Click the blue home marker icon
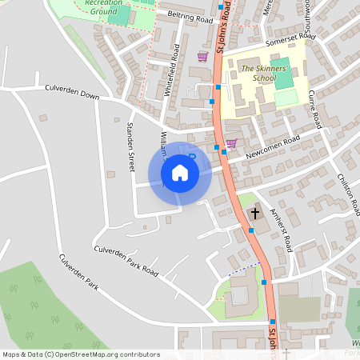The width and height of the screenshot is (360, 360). (180, 172)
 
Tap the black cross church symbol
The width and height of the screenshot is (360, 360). (255, 214)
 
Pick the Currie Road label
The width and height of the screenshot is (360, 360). (316, 109)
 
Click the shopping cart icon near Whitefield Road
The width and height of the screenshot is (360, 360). (202, 57)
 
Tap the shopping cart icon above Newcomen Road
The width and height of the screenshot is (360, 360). (232, 144)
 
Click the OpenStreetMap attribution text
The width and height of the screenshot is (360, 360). (80, 354)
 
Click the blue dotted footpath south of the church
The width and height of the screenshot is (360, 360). (244, 270)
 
